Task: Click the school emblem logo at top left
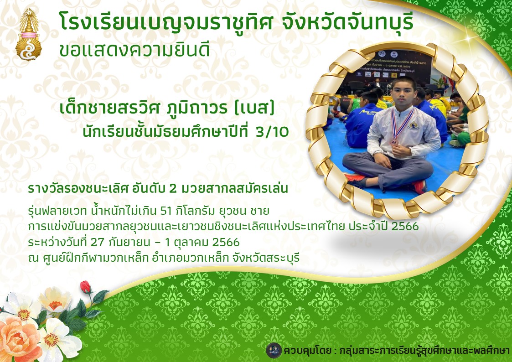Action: click(28, 34)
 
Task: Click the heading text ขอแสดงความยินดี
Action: click(134, 50)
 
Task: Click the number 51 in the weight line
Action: click(166, 211)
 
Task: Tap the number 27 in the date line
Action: click(98, 243)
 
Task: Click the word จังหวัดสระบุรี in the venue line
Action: click(266, 258)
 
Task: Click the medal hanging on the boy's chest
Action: click(394, 142)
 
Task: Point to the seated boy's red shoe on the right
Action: click(419, 186)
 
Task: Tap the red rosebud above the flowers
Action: click(86, 287)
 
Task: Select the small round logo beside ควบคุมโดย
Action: click(274, 351)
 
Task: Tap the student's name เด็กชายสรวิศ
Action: click(110, 108)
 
